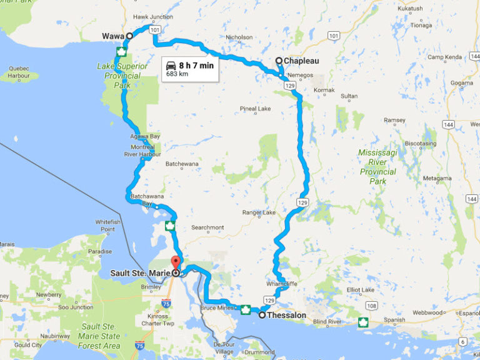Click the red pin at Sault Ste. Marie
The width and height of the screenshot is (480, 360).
click(176, 264)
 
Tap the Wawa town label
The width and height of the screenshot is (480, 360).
click(112, 36)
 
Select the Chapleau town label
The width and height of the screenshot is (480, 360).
click(301, 61)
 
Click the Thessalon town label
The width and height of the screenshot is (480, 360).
click(286, 316)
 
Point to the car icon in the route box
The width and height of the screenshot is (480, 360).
click(171, 64)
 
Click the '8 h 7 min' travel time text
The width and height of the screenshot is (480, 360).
click(196, 64)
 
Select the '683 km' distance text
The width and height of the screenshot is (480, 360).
click(177, 74)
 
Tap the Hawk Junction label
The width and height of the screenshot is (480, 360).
click(153, 17)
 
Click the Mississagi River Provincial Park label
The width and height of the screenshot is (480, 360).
click(377, 167)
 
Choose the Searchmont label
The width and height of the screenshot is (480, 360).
click(208, 227)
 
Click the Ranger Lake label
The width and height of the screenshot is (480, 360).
click(259, 212)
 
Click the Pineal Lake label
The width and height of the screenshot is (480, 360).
click(255, 109)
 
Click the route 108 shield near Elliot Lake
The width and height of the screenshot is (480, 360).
click(372, 306)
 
